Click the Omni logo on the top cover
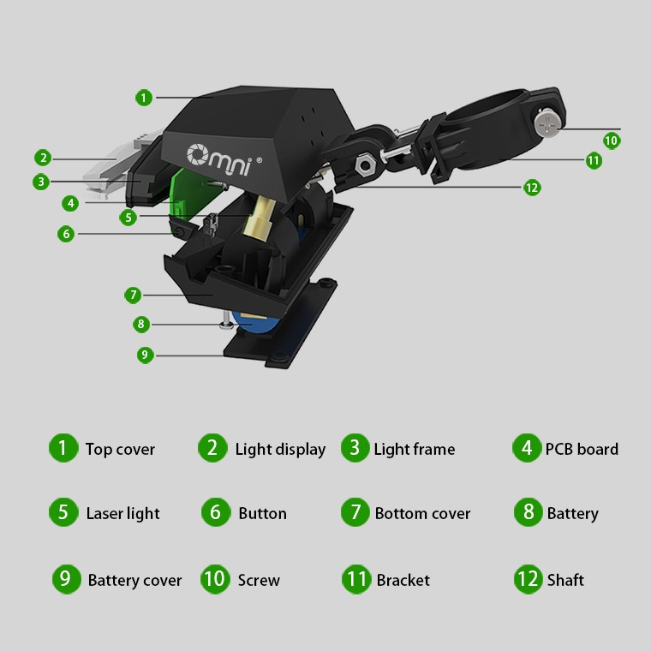224,159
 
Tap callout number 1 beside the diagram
144,98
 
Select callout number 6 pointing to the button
66,234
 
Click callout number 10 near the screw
611,140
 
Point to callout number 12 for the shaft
532,188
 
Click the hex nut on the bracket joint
364,165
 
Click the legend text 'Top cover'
120,449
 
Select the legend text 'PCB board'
582,449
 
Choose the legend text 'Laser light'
122,514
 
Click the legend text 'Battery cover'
135,580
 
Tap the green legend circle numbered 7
355,512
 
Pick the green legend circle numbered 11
356,579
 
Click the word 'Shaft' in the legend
565,580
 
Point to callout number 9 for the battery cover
145,355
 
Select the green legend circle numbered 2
212,448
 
